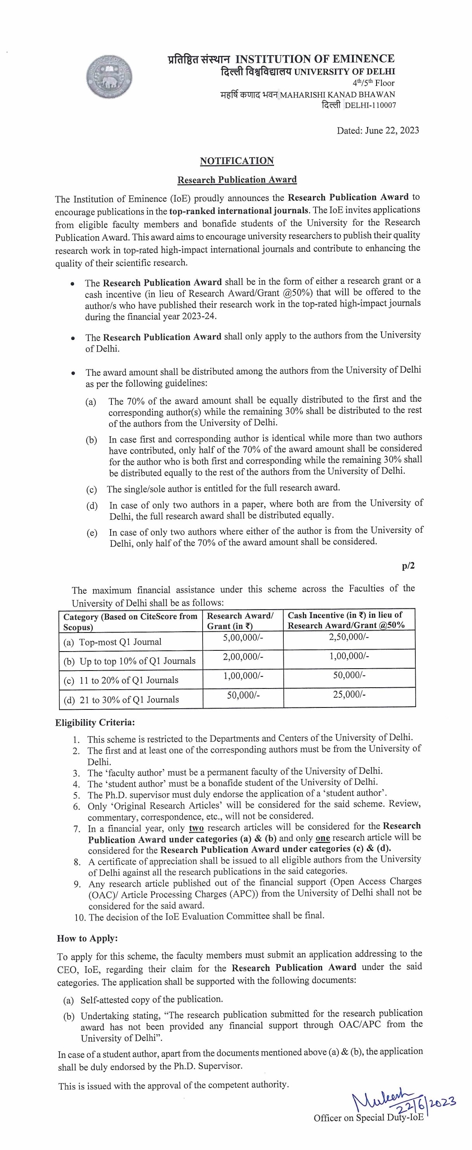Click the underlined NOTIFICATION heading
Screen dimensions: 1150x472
(236, 161)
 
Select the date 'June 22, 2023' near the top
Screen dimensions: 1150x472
(392, 131)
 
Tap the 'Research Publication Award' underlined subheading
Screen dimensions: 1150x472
(237, 179)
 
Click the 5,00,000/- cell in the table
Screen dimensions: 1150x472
(243, 638)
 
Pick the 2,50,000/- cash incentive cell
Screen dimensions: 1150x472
(349, 637)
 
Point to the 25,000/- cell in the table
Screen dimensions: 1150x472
(349, 694)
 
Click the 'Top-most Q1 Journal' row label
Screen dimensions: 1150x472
(120, 642)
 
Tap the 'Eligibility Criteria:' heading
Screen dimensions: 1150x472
(95, 722)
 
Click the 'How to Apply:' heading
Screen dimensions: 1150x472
(87, 938)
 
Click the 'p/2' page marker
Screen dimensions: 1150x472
(408, 566)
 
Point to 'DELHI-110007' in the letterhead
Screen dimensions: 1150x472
(370, 105)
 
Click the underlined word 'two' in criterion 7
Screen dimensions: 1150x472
(196, 829)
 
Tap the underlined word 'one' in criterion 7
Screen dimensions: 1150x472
(323, 838)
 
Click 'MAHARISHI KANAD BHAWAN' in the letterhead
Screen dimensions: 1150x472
(337, 95)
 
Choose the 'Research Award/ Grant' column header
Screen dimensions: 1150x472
(240, 620)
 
